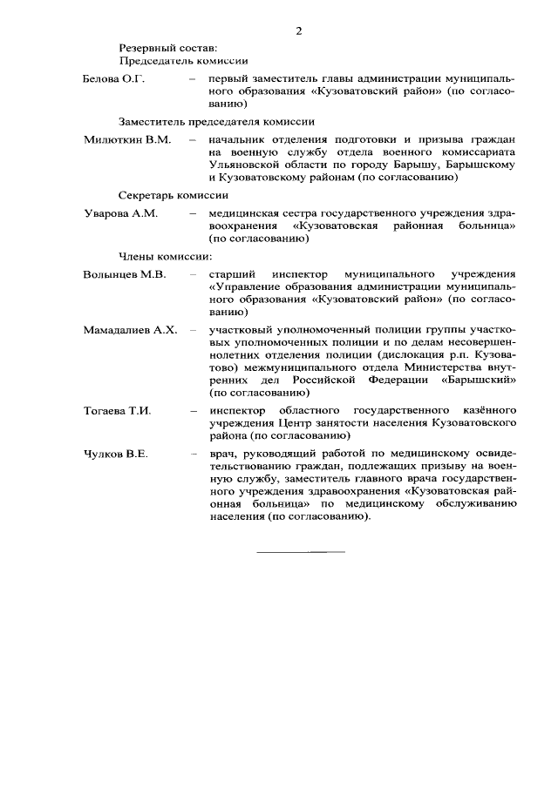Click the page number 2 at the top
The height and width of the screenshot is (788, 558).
point(298,32)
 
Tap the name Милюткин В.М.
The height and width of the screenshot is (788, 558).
point(127,138)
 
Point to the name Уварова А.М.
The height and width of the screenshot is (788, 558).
point(120,214)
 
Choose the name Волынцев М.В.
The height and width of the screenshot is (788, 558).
point(125,274)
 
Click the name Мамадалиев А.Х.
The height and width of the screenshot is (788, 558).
point(130,331)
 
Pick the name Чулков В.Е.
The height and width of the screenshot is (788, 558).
point(116,455)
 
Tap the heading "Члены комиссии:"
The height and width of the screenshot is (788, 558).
point(165,256)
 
